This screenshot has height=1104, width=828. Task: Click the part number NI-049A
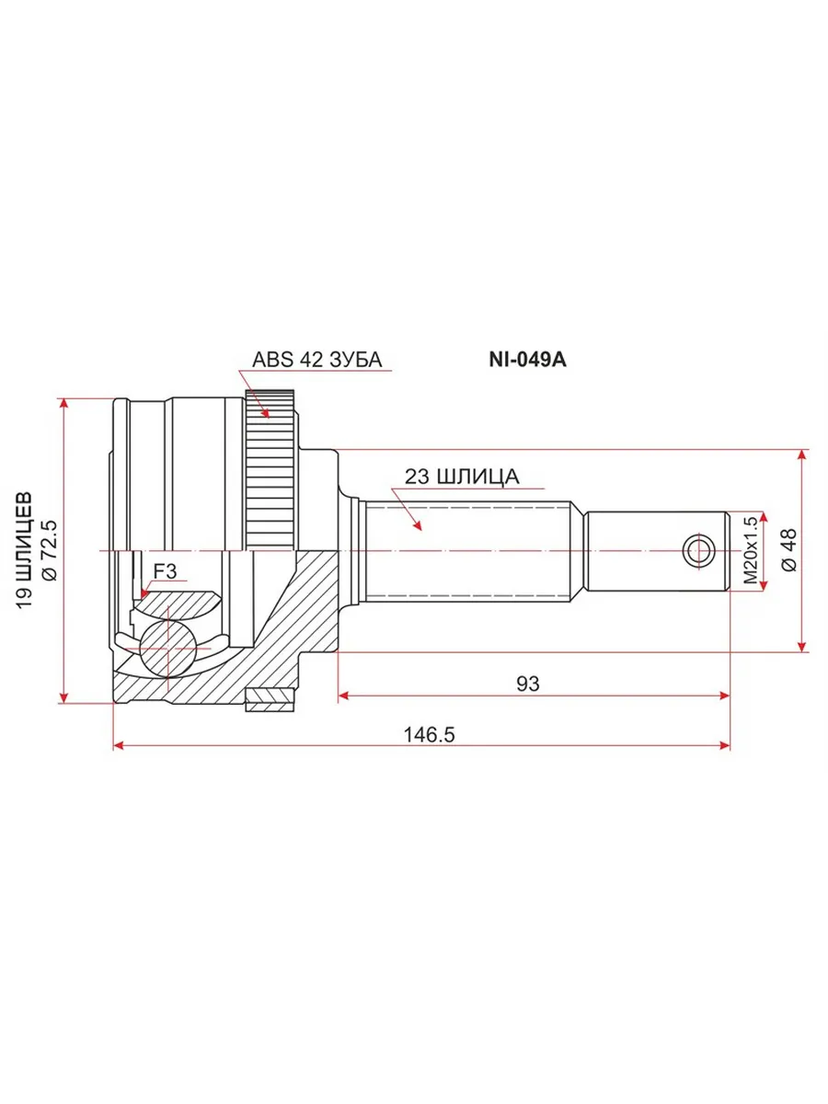(x=527, y=360)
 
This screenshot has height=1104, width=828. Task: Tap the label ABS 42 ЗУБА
(x=316, y=360)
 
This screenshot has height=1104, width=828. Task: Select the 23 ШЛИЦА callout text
(x=462, y=477)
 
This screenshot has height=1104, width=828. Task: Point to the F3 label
(x=165, y=571)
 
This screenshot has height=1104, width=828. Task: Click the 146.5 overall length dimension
(x=429, y=735)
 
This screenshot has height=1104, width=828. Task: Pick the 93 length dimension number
(x=528, y=684)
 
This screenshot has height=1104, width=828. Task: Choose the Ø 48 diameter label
(x=789, y=550)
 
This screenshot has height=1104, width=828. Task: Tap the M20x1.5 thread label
(x=751, y=550)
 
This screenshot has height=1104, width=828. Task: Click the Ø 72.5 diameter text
(x=51, y=551)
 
